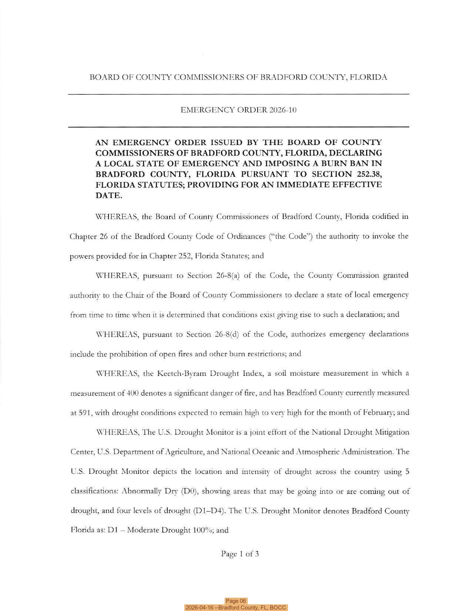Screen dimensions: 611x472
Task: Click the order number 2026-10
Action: (x=283, y=110)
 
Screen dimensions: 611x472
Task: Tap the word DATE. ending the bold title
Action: (x=109, y=196)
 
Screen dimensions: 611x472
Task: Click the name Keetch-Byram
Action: (x=181, y=373)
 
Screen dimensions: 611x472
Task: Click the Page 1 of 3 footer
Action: (x=240, y=554)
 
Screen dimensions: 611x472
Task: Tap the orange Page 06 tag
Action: (x=236, y=601)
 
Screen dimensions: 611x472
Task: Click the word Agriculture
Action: (x=183, y=452)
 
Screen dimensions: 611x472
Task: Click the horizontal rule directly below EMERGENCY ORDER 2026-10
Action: (x=238, y=127)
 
